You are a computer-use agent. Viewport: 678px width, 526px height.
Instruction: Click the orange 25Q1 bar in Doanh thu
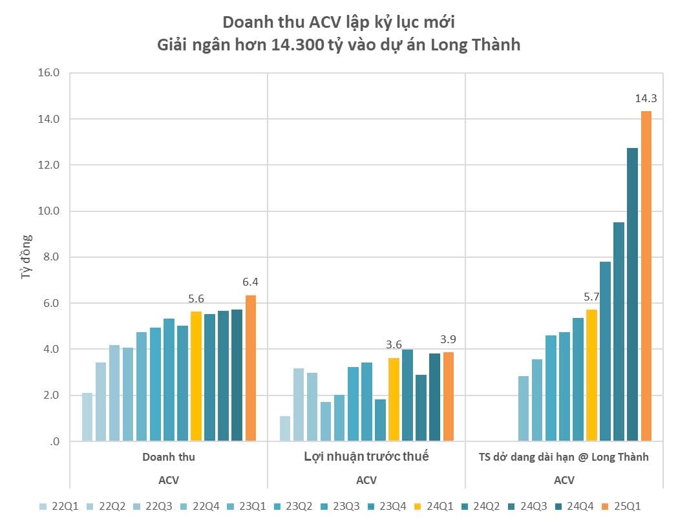pyautogui.click(x=251, y=368)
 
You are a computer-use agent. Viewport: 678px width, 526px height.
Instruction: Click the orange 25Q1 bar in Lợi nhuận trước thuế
pyautogui.click(x=449, y=397)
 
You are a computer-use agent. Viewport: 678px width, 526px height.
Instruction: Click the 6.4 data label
pyautogui.click(x=251, y=282)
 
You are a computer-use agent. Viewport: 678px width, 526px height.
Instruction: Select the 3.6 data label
pyautogui.click(x=394, y=344)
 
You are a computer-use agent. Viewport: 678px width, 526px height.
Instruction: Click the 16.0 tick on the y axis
pyautogui.click(x=50, y=73)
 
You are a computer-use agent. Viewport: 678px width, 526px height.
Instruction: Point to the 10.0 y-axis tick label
pyautogui.click(x=50, y=211)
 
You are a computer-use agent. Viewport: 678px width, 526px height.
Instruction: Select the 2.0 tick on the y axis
pyautogui.click(x=52, y=395)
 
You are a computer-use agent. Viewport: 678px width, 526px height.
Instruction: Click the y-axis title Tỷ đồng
pyautogui.click(x=26, y=257)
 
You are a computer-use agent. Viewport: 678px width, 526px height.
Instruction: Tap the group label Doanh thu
pyautogui.click(x=169, y=457)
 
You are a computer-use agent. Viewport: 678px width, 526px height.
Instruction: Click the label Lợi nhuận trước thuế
pyautogui.click(x=366, y=457)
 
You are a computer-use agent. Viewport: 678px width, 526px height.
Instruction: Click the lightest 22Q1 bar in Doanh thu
pyautogui.click(x=87, y=417)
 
